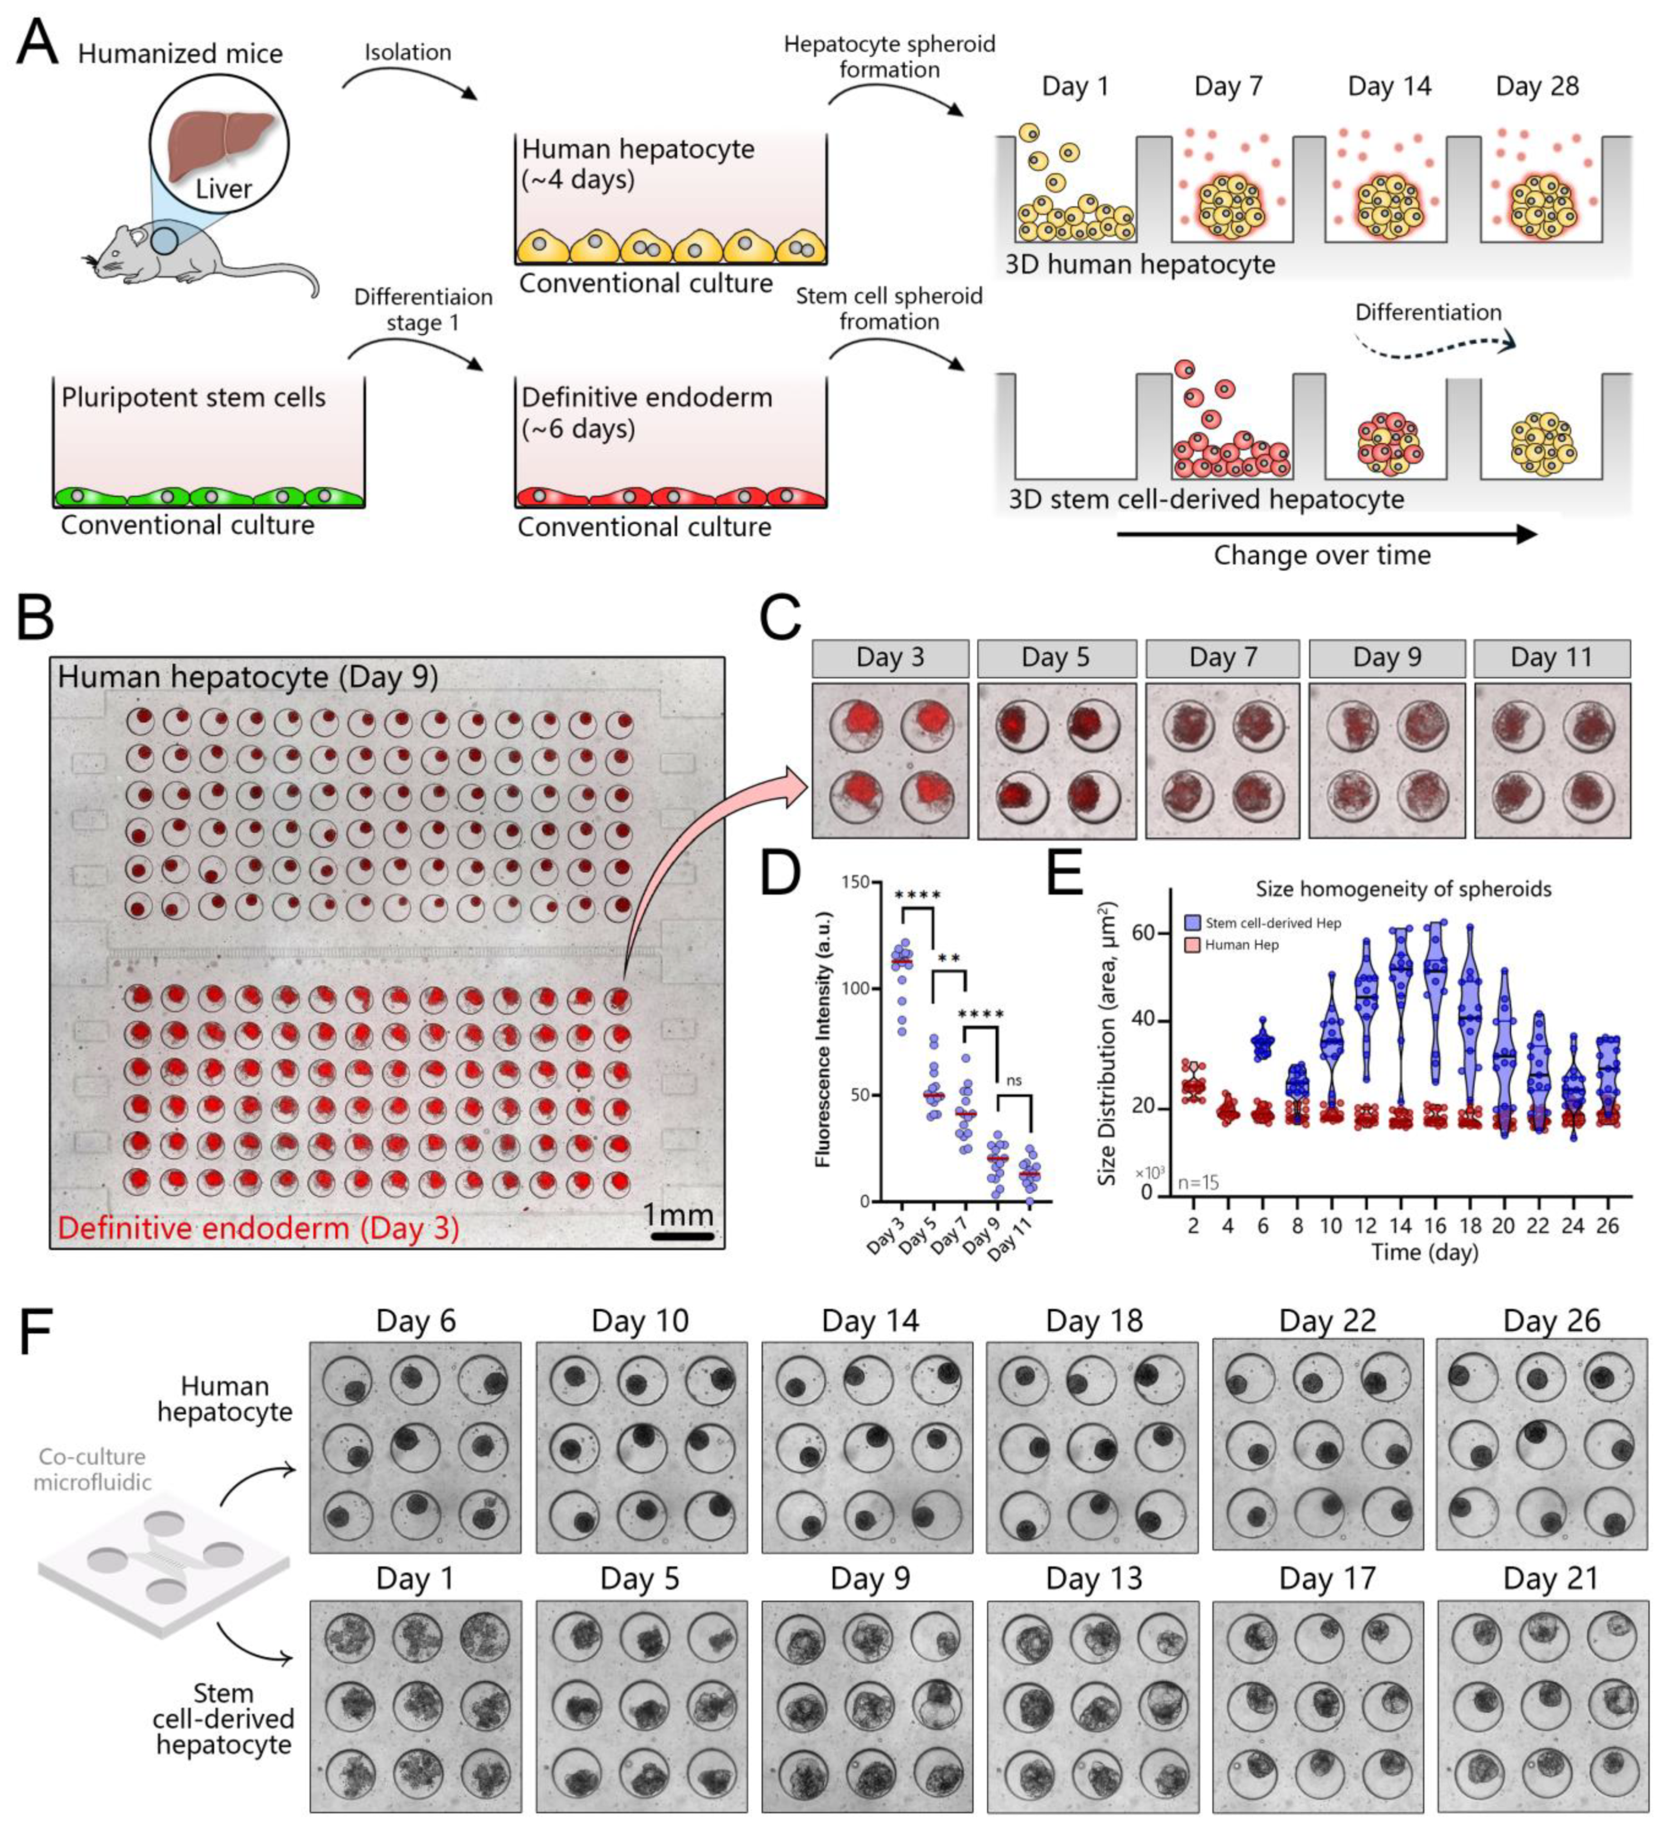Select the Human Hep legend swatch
click(1193, 945)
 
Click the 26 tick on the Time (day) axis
click(1606, 1226)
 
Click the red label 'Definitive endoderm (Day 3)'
click(259, 1229)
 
